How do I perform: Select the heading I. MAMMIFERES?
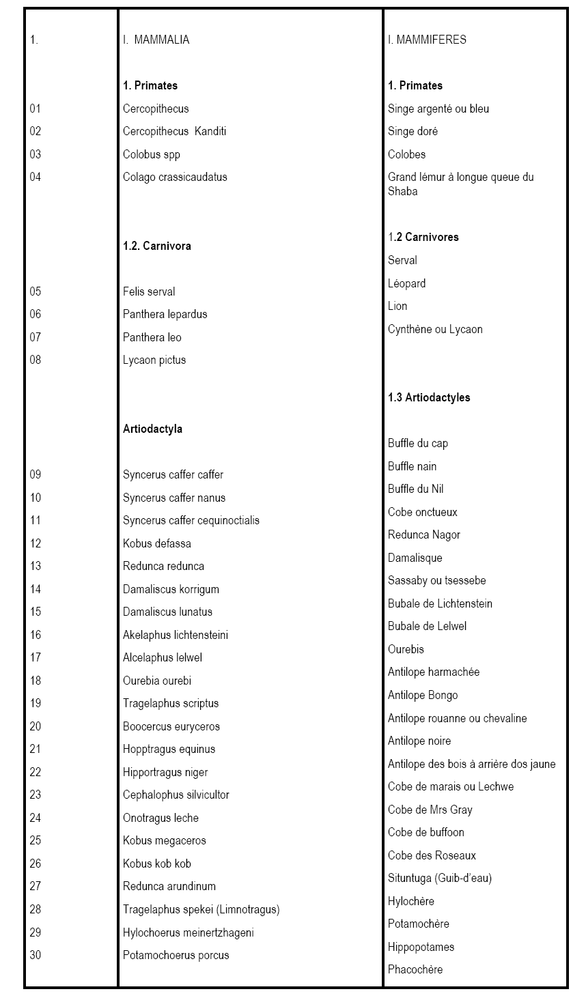(x=427, y=40)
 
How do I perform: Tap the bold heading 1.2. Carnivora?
(x=157, y=246)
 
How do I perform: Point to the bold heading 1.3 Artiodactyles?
(x=429, y=397)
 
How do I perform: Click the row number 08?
(x=36, y=360)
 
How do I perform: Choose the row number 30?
(x=36, y=955)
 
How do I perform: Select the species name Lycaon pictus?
(x=154, y=360)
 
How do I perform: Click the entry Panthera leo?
(x=152, y=337)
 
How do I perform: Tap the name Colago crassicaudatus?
(x=175, y=177)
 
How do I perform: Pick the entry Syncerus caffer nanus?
(x=174, y=498)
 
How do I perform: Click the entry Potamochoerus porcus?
(x=176, y=955)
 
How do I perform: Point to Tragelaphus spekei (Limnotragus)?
(x=201, y=909)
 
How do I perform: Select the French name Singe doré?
(x=413, y=131)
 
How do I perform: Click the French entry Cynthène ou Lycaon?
(x=435, y=329)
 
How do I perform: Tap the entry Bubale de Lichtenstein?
(x=440, y=603)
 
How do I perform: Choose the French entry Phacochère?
(x=415, y=969)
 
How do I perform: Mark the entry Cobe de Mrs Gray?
(x=430, y=810)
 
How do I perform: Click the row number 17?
(x=36, y=657)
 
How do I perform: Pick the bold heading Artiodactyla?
(x=152, y=429)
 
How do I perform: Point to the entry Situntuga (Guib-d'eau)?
(x=440, y=878)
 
